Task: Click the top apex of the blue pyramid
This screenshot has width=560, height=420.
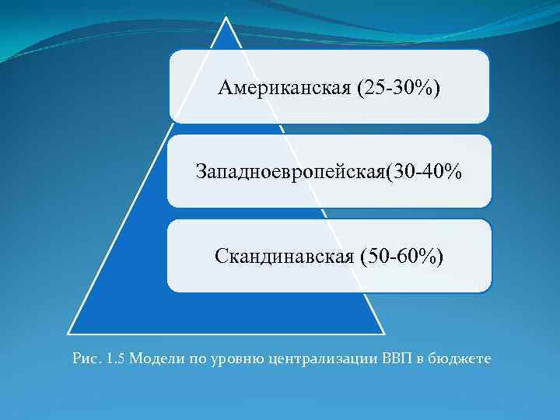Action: [226, 19]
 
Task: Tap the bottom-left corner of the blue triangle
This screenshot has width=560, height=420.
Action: [68, 333]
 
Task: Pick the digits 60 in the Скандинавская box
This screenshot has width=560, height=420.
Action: [416, 255]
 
